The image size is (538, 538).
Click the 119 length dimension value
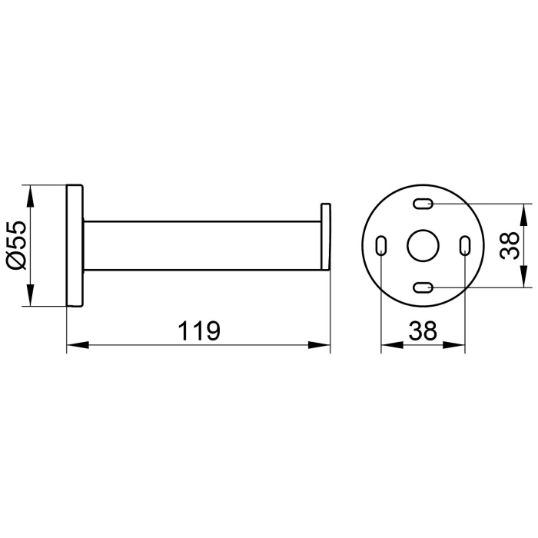click(x=199, y=330)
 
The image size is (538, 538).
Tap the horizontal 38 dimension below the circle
click(x=422, y=330)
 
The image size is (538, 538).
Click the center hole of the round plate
click(x=422, y=246)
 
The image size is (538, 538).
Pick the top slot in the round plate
click(x=422, y=204)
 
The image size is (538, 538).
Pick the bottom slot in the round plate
click(x=422, y=287)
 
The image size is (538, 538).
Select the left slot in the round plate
click(x=380, y=246)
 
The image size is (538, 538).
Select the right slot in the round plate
click(x=464, y=246)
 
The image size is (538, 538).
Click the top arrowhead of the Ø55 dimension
click(x=30, y=193)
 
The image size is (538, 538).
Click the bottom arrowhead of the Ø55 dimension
click(x=30, y=298)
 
